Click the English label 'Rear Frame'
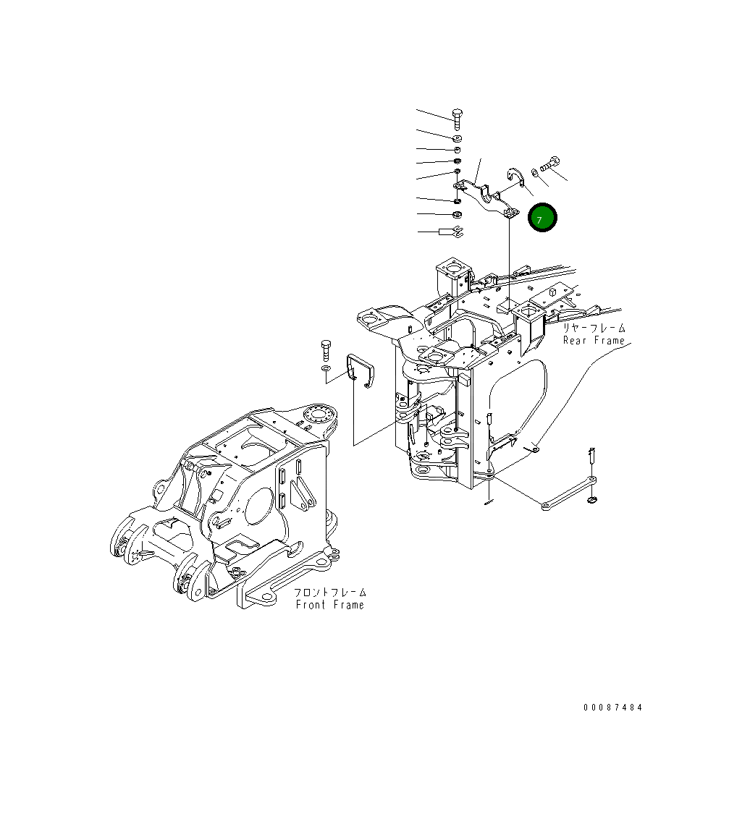pos(594,341)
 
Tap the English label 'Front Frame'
pos(329,605)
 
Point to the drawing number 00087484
pos(612,708)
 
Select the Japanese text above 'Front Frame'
pos(329,593)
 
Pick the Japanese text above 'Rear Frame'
pos(594,328)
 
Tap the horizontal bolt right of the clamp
pos(551,164)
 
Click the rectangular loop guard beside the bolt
pos(361,370)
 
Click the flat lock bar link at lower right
pos(568,493)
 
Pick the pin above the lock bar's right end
pos(591,456)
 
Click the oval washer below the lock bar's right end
pos(593,500)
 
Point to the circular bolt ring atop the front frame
pos(319,415)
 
